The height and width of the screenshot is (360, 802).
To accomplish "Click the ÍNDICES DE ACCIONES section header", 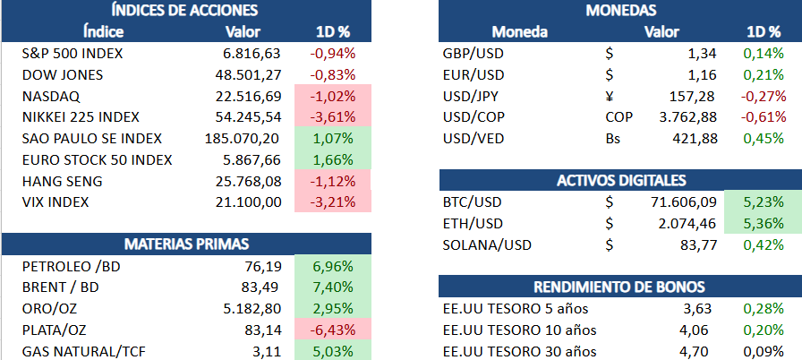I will tap(184, 11).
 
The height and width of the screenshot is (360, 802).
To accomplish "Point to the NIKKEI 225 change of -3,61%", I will tap(333, 117).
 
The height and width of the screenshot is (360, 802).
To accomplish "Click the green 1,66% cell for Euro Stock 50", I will tap(333, 160).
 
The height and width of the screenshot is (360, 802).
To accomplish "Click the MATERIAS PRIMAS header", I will tap(185, 244).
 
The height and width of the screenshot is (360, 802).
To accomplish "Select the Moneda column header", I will tap(520, 32).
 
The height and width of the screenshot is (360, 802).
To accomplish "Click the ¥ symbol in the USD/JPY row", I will tap(610, 96).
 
